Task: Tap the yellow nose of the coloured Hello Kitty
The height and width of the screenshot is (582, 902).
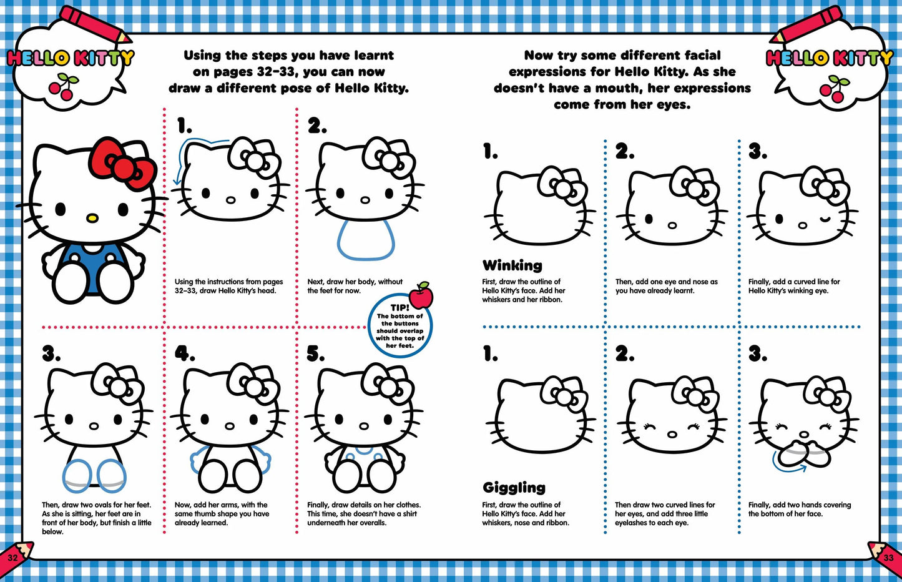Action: [92, 218]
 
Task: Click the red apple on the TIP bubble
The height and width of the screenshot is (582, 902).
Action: [422, 295]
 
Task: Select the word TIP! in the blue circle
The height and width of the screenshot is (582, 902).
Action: [400, 308]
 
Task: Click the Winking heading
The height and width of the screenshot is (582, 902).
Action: [512, 265]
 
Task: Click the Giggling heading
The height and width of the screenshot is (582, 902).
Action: [514, 487]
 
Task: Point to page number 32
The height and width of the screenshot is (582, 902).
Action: [12, 557]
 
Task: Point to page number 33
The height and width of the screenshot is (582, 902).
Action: [888, 557]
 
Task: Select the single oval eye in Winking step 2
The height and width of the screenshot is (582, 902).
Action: [649, 219]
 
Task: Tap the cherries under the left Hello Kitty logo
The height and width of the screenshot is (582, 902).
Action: [64, 86]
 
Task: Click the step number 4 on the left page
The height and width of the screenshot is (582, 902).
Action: [184, 354]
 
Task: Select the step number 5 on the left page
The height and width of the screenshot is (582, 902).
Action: [316, 354]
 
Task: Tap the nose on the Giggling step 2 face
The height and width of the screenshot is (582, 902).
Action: [672, 434]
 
